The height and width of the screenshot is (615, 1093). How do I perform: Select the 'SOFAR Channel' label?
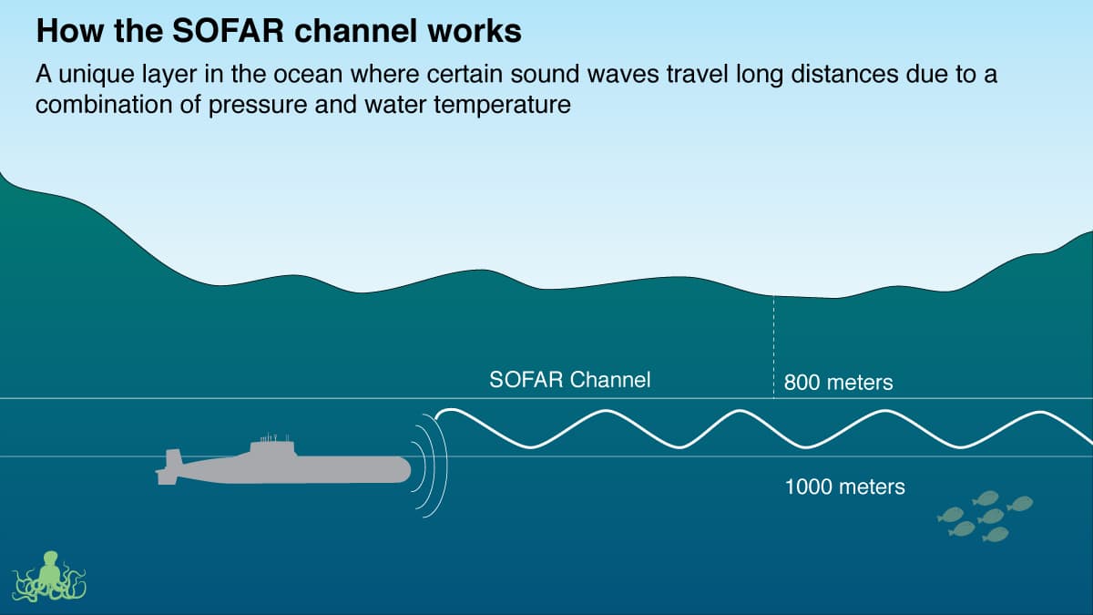(570, 380)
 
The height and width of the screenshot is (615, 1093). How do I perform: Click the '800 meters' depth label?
(839, 383)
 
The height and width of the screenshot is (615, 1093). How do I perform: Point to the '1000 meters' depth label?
(845, 487)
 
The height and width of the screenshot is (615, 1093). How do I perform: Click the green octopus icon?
(49, 577)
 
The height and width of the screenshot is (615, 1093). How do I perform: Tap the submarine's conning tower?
(272, 446)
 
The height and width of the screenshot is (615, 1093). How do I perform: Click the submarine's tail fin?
(170, 465)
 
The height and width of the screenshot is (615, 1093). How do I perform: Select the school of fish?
(985, 516)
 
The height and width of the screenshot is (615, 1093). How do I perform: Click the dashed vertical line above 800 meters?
(774, 346)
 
